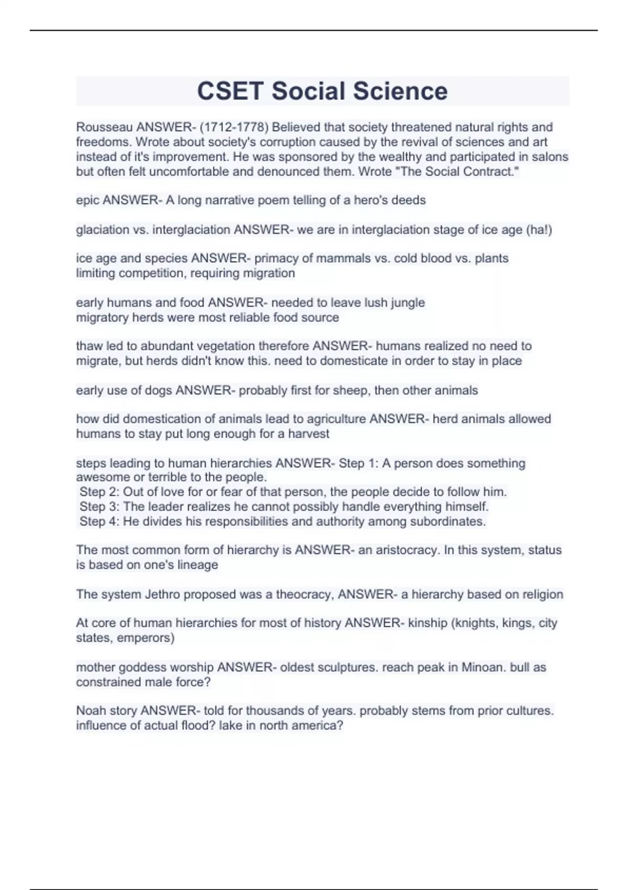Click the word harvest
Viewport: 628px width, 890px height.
(309, 434)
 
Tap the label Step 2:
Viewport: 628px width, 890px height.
(99, 492)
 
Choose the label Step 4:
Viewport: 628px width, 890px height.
(99, 521)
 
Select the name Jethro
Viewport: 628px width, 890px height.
(162, 595)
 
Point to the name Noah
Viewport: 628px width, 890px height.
(91, 711)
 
